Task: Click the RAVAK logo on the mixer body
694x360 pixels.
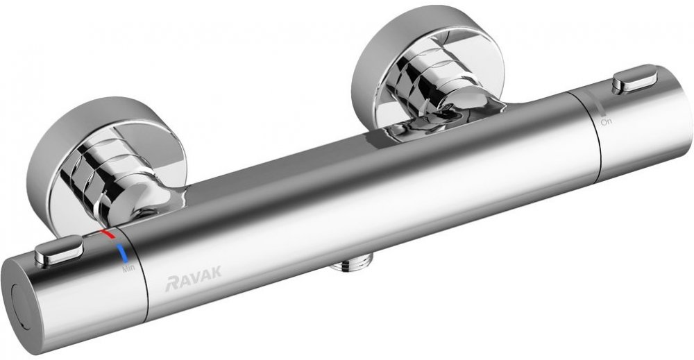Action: tap(193, 282)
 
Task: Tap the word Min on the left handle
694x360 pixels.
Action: tap(128, 268)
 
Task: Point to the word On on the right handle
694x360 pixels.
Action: tap(607, 121)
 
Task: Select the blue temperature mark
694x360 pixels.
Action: tap(121, 253)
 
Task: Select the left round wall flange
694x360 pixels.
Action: tap(106, 163)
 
